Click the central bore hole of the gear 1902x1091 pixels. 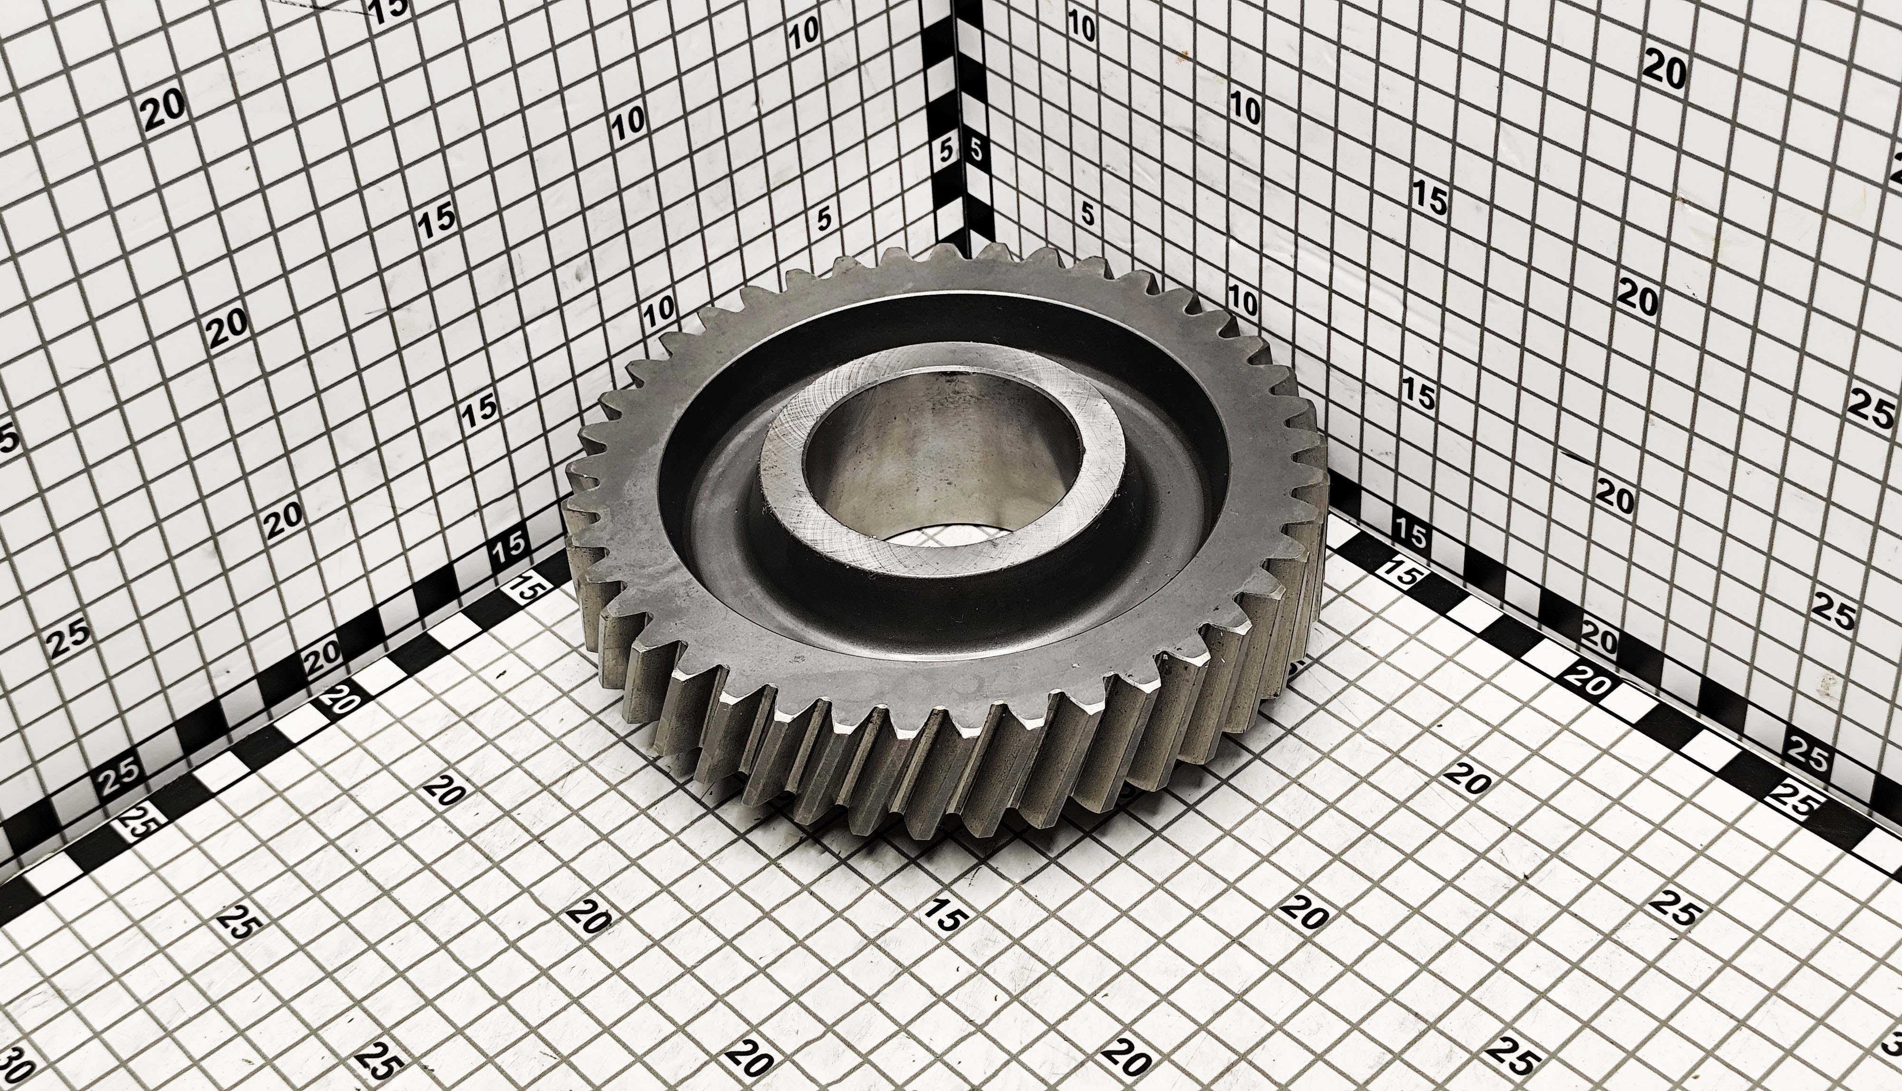tap(941, 465)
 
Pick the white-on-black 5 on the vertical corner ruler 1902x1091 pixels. tap(976, 149)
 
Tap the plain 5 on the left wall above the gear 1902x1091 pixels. tap(825, 219)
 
